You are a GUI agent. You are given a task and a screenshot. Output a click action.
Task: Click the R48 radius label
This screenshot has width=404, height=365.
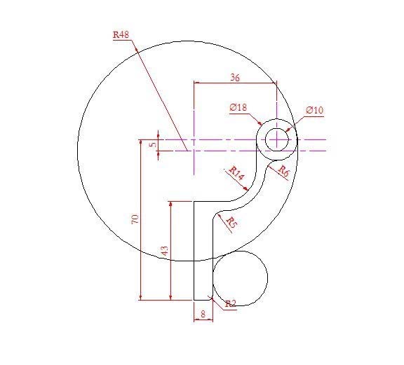coord(121,34)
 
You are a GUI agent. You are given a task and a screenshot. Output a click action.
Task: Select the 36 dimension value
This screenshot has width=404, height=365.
coord(234,78)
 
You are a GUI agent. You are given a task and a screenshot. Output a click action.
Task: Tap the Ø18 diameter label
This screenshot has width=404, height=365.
coord(238,107)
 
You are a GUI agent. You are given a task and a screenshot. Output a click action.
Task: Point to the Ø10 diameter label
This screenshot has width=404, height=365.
coord(314,110)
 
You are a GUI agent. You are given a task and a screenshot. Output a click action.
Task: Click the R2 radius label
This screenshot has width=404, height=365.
coord(231,303)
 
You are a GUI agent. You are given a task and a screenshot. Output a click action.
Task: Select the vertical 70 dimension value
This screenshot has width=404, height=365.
coord(136,219)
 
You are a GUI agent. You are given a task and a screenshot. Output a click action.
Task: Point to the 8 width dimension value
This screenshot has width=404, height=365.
coord(203,315)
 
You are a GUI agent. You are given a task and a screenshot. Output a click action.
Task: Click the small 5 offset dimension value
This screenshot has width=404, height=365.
coord(153,144)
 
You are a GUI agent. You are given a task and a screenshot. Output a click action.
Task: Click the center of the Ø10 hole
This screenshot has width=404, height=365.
coord(278,139)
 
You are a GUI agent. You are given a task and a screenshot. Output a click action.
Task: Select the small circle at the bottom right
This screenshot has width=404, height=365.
coord(240,278)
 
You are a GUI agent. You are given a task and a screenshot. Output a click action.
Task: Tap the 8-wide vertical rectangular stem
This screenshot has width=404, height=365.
coord(202,252)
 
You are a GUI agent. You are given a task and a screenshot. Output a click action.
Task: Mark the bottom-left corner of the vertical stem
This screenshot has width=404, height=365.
coord(194,300)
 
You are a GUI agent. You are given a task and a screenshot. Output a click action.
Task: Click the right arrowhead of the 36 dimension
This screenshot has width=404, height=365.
coord(274,83)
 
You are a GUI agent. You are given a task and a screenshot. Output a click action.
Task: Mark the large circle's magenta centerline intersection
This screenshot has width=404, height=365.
coord(194,139)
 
